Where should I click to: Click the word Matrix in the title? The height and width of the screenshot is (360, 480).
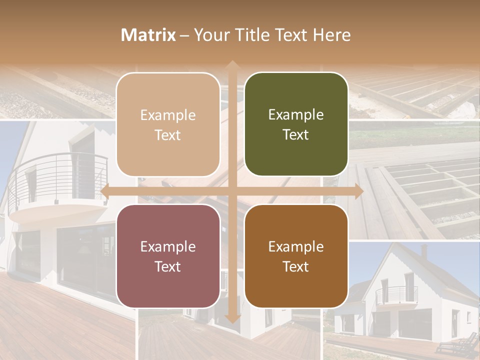pyautogui.click(x=148, y=35)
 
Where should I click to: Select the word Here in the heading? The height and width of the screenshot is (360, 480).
pyautogui.click(x=332, y=35)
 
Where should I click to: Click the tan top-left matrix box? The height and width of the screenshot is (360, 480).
pyautogui.click(x=168, y=124)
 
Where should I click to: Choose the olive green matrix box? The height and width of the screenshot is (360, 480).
pyautogui.click(x=296, y=124)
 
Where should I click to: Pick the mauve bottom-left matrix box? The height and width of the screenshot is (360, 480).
pyautogui.click(x=168, y=256)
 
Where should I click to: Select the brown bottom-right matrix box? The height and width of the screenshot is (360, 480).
pyautogui.click(x=296, y=256)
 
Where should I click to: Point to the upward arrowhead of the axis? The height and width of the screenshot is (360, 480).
pyautogui.click(x=232, y=65)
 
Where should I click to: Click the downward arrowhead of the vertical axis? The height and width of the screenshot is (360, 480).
pyautogui.click(x=232, y=318)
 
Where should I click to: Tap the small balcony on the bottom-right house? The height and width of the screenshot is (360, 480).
pyautogui.click(x=396, y=295)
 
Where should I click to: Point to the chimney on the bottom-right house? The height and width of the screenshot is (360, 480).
pyautogui.click(x=424, y=250)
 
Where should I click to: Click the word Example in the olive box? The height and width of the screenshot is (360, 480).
pyautogui.click(x=296, y=115)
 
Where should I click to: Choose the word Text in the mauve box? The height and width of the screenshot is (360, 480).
pyautogui.click(x=168, y=266)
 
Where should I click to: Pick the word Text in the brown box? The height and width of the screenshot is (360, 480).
pyautogui.click(x=296, y=266)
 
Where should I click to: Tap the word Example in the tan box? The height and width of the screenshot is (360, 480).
pyautogui.click(x=168, y=115)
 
